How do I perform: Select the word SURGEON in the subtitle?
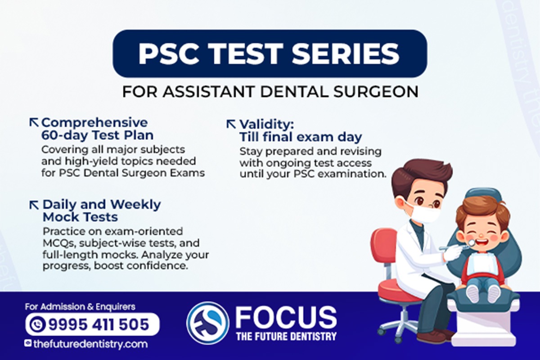click(376, 92)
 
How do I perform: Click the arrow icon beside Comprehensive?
click(34, 122)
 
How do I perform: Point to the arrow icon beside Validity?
click(231, 124)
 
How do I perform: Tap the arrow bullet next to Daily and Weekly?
click(34, 205)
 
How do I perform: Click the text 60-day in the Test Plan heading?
click(64, 135)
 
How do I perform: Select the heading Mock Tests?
click(80, 217)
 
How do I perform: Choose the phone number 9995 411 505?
click(99, 324)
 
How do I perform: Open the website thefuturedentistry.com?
click(90, 344)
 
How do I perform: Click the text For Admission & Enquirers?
click(80, 307)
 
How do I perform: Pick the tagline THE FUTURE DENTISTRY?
click(286, 336)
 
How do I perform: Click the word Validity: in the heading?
click(267, 124)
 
